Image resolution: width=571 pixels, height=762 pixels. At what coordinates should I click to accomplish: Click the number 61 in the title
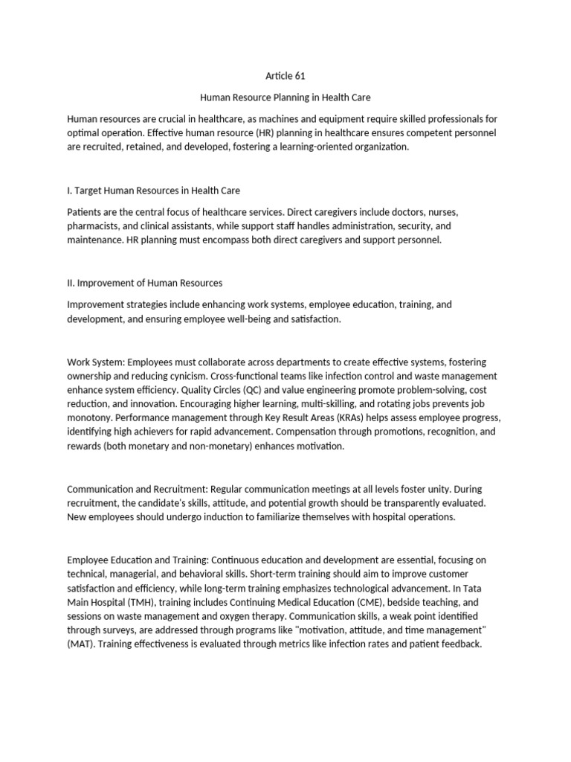(299, 76)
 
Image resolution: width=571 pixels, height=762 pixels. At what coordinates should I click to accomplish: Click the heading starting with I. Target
(153, 191)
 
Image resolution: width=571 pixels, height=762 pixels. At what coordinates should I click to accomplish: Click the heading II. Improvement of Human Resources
(144, 283)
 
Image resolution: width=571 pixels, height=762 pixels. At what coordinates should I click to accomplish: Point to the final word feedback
(461, 644)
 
